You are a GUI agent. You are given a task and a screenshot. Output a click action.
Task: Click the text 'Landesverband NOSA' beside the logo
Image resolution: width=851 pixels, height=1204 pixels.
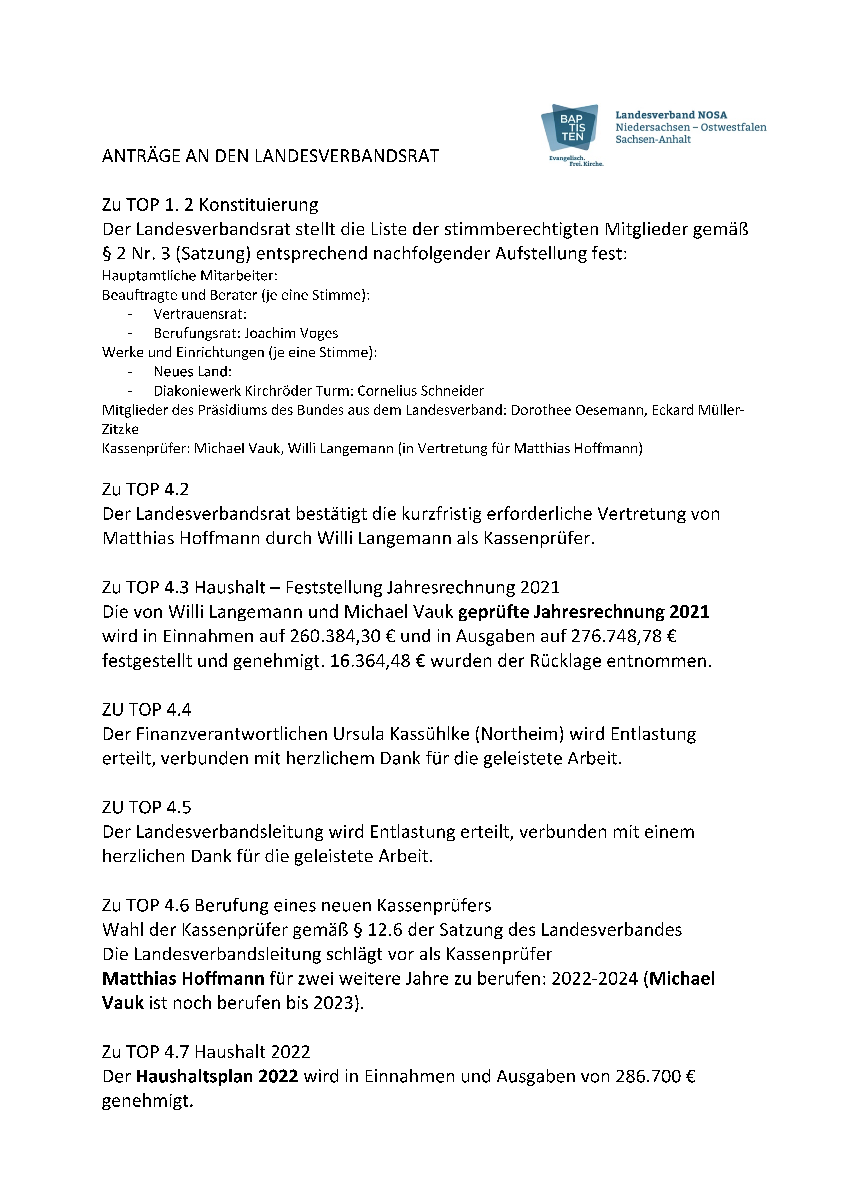point(671,115)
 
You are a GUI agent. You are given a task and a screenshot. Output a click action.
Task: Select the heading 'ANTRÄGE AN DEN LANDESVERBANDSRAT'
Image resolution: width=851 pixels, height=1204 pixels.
point(271,156)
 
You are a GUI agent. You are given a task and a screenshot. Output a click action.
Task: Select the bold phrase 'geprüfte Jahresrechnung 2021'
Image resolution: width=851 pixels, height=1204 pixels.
point(584,612)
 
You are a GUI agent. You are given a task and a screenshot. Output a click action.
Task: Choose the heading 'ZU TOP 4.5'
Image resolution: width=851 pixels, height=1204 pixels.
point(147,808)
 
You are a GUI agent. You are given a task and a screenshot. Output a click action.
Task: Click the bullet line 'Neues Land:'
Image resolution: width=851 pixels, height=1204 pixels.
point(193,372)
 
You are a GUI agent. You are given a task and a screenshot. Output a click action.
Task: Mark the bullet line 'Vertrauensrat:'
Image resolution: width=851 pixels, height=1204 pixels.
point(200,314)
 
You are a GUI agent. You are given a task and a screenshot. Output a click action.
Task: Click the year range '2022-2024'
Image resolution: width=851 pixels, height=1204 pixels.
point(595,979)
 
